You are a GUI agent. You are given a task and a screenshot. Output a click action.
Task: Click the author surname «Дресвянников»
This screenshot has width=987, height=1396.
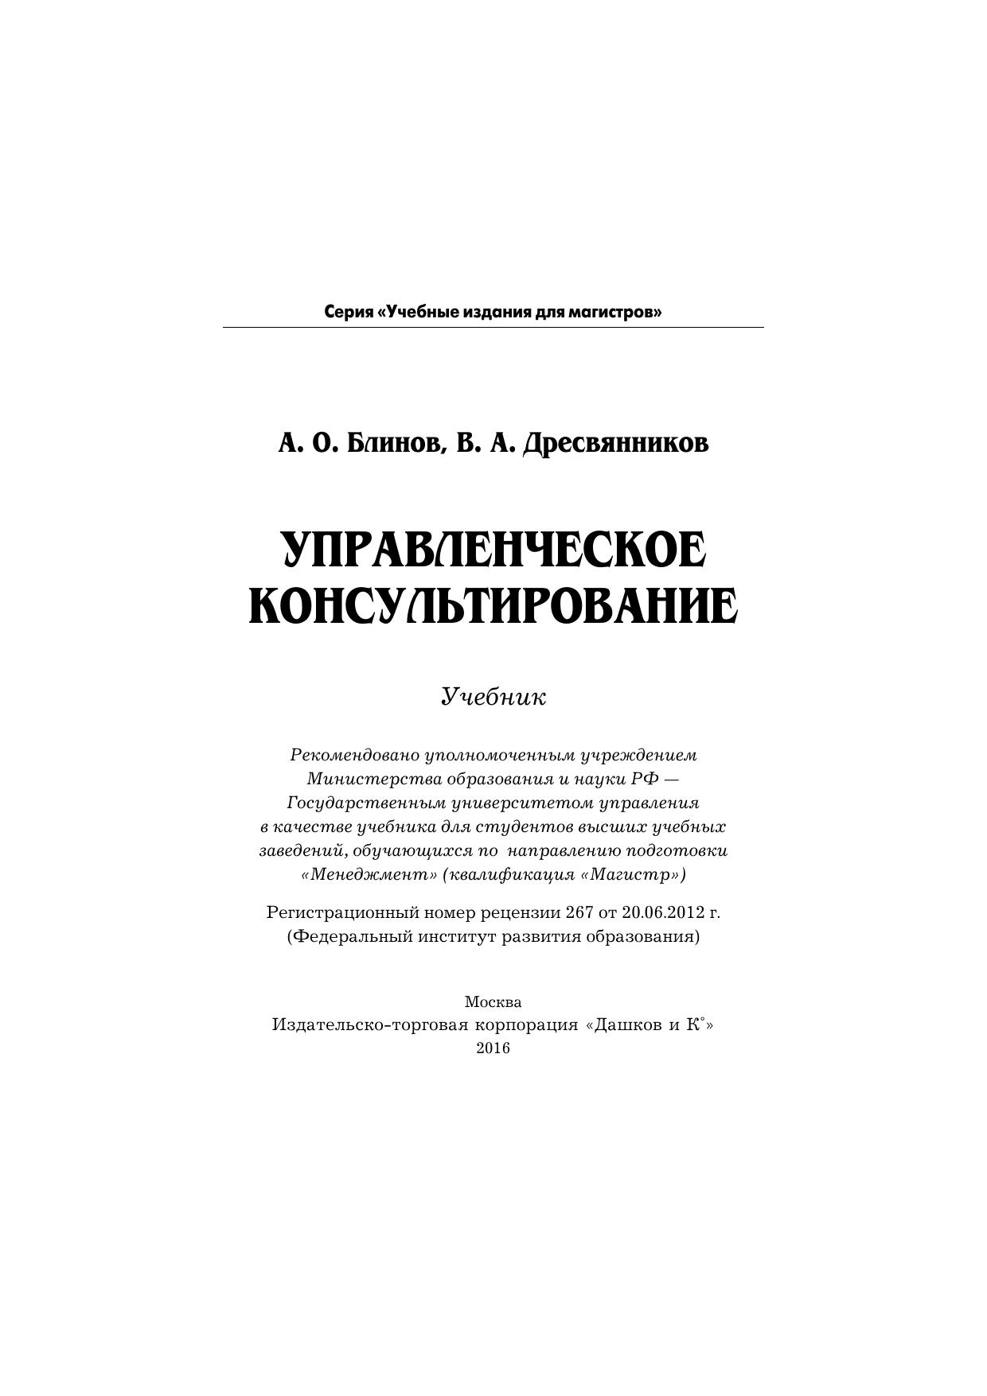tap(614, 443)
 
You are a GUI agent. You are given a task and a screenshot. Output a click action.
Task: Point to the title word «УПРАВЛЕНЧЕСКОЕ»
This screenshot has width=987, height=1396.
tap(494, 550)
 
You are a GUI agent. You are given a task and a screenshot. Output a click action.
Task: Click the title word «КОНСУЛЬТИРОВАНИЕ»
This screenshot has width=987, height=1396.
tap(494, 607)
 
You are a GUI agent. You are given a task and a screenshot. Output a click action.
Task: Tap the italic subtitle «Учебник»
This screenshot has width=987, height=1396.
tap(494, 698)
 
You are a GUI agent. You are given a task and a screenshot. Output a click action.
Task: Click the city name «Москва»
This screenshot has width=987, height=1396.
tap(493, 1001)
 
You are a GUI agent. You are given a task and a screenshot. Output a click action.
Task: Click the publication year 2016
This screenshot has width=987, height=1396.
tap(493, 1048)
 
